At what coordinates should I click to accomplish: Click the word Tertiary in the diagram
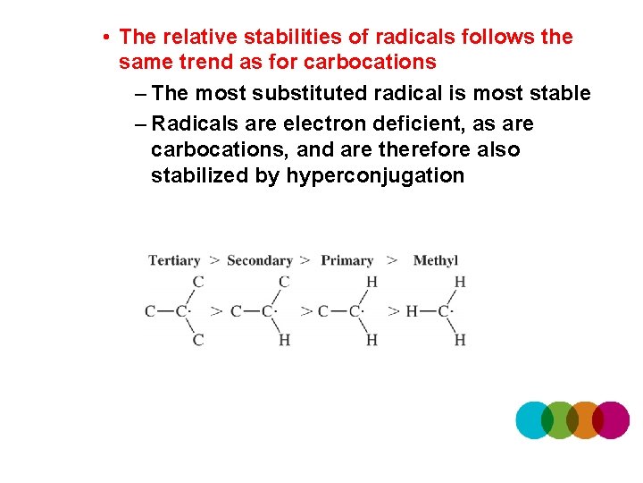[x=174, y=260]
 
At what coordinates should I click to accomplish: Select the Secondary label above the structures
[x=259, y=260]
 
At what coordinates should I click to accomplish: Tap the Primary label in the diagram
[x=347, y=260]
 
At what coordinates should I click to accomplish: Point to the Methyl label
[x=436, y=260]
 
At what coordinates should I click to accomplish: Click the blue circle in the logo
[x=534, y=419]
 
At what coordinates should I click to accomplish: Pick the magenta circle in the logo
[x=613, y=419]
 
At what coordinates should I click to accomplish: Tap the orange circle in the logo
[x=585, y=419]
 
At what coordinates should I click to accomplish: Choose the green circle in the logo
[x=560, y=419]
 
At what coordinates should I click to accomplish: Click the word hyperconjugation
[x=375, y=175]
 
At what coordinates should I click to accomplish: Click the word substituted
[x=307, y=93]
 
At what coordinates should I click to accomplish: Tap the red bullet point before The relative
[x=105, y=38]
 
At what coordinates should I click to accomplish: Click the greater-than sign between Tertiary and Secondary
[x=214, y=260]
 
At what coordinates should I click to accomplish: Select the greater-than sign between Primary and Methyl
[x=393, y=260]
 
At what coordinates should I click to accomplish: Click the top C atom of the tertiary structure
[x=198, y=281]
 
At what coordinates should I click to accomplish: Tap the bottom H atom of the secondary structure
[x=284, y=340]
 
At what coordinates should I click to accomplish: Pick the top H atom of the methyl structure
[x=460, y=281]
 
